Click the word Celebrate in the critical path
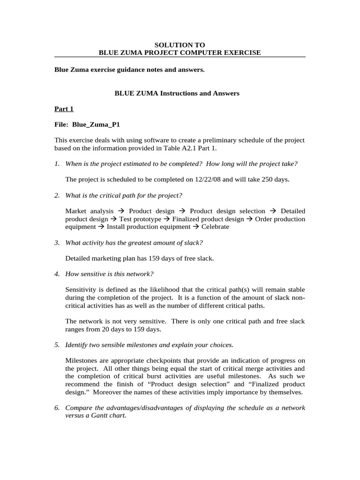point(216,226)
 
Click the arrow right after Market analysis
point(121,211)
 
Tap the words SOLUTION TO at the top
point(180,45)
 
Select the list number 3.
point(56,242)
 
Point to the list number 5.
point(56,345)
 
